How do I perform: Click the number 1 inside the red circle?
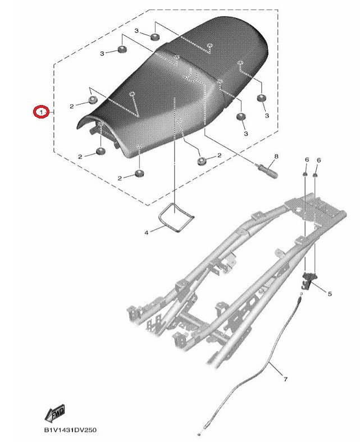tap(41, 112)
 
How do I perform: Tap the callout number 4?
tap(147, 233)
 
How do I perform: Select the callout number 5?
tap(330, 294)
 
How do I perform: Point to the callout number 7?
tap(285, 380)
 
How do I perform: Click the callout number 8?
tap(276, 156)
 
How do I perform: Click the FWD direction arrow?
tap(54, 413)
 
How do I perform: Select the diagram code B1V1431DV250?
tap(70, 430)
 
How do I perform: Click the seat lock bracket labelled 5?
tap(309, 281)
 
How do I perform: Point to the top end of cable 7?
tap(301, 294)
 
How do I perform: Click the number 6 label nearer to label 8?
tap(307, 160)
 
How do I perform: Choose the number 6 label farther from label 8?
tap(319, 160)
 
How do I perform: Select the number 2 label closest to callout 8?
tap(220, 156)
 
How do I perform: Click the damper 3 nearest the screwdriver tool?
tap(241, 116)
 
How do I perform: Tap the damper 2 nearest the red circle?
tap(93, 99)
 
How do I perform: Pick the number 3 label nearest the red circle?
tap(102, 53)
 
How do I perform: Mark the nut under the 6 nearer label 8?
tap(305, 175)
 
